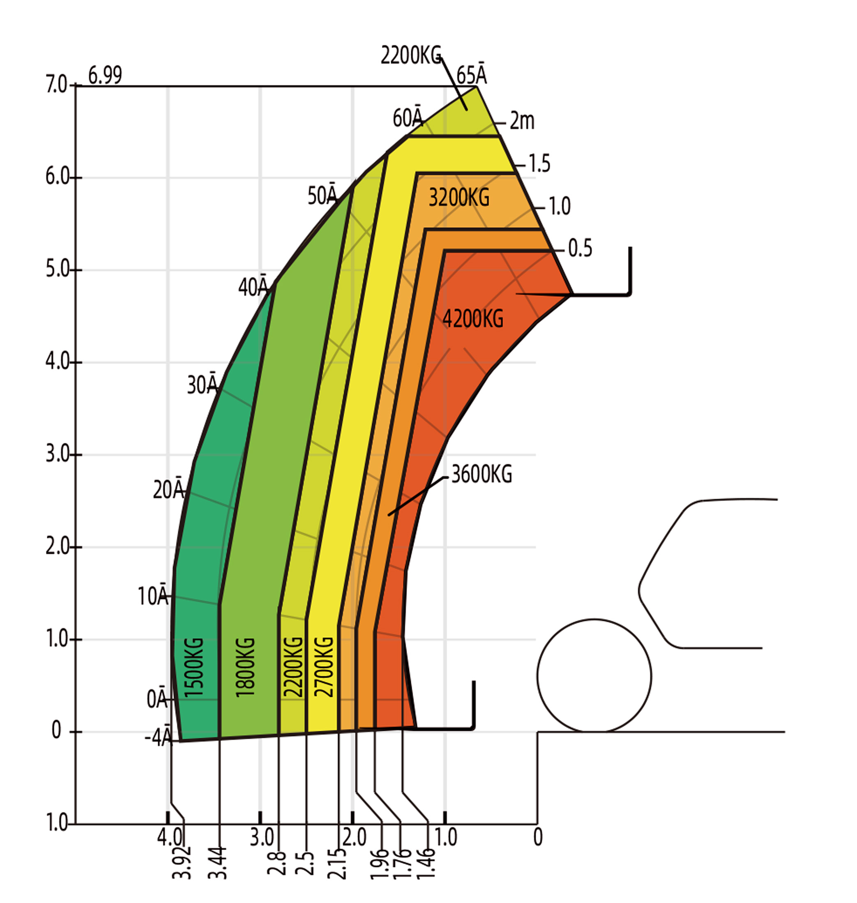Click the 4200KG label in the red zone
(x=473, y=318)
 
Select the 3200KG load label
(x=458, y=197)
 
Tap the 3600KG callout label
(x=481, y=474)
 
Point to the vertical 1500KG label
(x=193, y=667)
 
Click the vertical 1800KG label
(x=245, y=667)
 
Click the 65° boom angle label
(x=472, y=74)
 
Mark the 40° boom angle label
(x=253, y=286)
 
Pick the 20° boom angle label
(x=168, y=489)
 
